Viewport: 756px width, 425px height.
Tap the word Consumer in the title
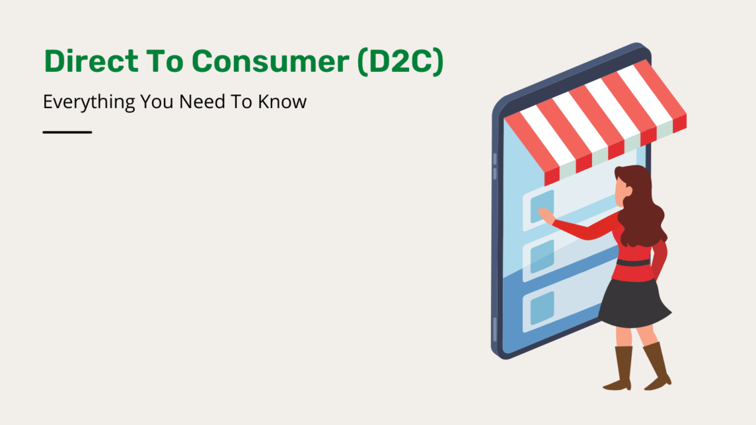point(271,61)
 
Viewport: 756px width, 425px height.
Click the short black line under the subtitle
point(67,132)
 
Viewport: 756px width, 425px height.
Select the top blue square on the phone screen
point(542,204)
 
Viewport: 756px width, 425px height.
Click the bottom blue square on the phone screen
point(542,308)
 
